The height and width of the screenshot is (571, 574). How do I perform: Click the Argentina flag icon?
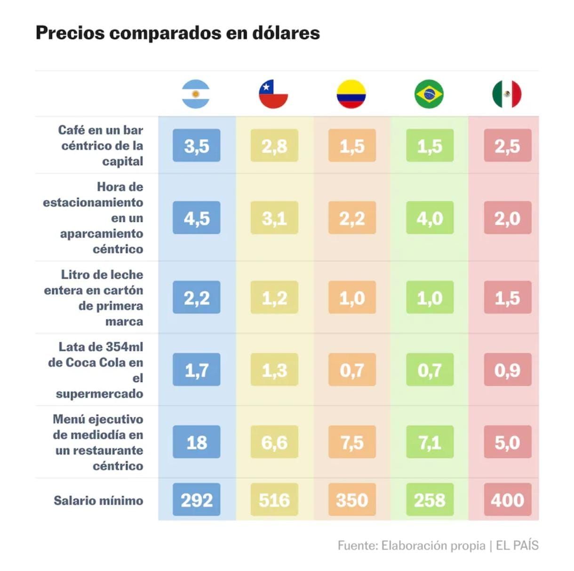click(x=196, y=94)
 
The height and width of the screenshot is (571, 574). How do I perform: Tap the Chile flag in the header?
click(x=273, y=94)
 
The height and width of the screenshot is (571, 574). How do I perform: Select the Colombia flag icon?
click(x=351, y=94)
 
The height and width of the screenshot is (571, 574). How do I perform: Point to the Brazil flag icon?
click(x=429, y=94)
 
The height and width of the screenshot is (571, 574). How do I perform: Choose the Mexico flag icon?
click(x=507, y=94)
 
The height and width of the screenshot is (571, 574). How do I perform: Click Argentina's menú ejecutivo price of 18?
click(x=196, y=442)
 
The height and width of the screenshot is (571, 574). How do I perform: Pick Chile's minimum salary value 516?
click(x=274, y=500)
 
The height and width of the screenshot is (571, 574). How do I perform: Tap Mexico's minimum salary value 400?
click(x=507, y=500)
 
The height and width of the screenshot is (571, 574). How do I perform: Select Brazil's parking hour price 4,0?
click(x=430, y=218)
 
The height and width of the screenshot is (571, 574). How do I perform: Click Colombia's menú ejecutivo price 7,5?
click(x=352, y=442)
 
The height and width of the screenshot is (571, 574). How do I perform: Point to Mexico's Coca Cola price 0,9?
click(x=507, y=370)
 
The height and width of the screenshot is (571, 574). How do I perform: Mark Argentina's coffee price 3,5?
click(x=196, y=146)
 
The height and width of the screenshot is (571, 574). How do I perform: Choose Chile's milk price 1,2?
click(x=274, y=298)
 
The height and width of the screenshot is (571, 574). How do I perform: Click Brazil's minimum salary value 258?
click(x=430, y=500)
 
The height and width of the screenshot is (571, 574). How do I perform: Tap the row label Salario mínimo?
click(x=98, y=500)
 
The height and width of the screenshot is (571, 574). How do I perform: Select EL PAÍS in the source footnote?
click(x=517, y=545)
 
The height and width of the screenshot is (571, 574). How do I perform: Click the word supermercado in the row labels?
click(x=99, y=393)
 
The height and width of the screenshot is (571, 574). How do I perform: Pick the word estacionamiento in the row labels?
click(x=93, y=202)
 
